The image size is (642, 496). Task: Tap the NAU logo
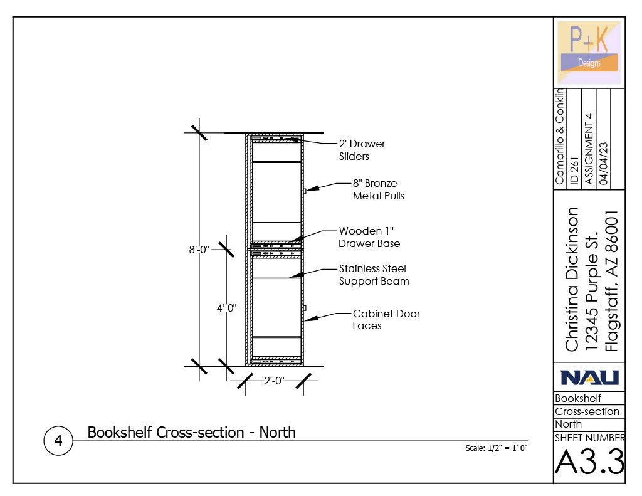tap(589, 377)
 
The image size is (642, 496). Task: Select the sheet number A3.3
tap(589, 463)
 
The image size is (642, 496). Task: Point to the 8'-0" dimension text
tap(201, 250)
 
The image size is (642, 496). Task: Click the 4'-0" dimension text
tap(226, 308)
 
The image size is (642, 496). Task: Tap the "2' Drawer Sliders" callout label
tap(362, 150)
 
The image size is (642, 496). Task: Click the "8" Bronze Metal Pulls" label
tap(379, 189)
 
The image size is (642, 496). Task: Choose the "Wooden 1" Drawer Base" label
tap(369, 237)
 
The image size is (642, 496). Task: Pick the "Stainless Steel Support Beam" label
tap(374, 275)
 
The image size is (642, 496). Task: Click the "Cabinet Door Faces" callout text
tap(386, 319)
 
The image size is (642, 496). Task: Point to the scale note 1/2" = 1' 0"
tap(496, 448)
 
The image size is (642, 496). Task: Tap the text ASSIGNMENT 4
tap(588, 149)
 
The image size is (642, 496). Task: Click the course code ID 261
tap(574, 171)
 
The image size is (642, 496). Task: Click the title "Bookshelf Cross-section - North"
tap(191, 432)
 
